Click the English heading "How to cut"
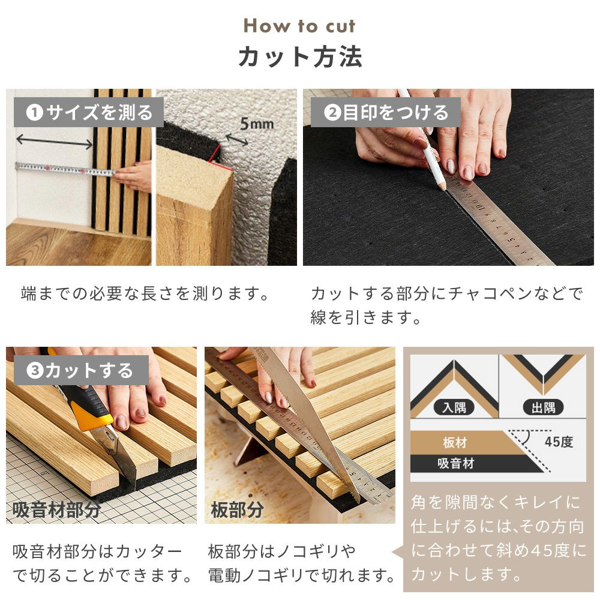tap(299, 26)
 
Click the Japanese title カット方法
tap(300, 56)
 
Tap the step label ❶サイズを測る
tap(89, 112)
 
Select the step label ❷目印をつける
tap(386, 112)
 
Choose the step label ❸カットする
tap(81, 370)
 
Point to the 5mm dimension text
tap(257, 124)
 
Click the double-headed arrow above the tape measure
tap(55, 141)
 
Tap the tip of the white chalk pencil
tap(443, 188)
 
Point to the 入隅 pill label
tap(454, 407)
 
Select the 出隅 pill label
tap(543, 407)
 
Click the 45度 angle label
tap(559, 442)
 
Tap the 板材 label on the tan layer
tap(455, 443)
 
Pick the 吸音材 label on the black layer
tap(456, 463)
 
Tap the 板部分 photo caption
tap(237, 509)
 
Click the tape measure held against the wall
tap(65, 169)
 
